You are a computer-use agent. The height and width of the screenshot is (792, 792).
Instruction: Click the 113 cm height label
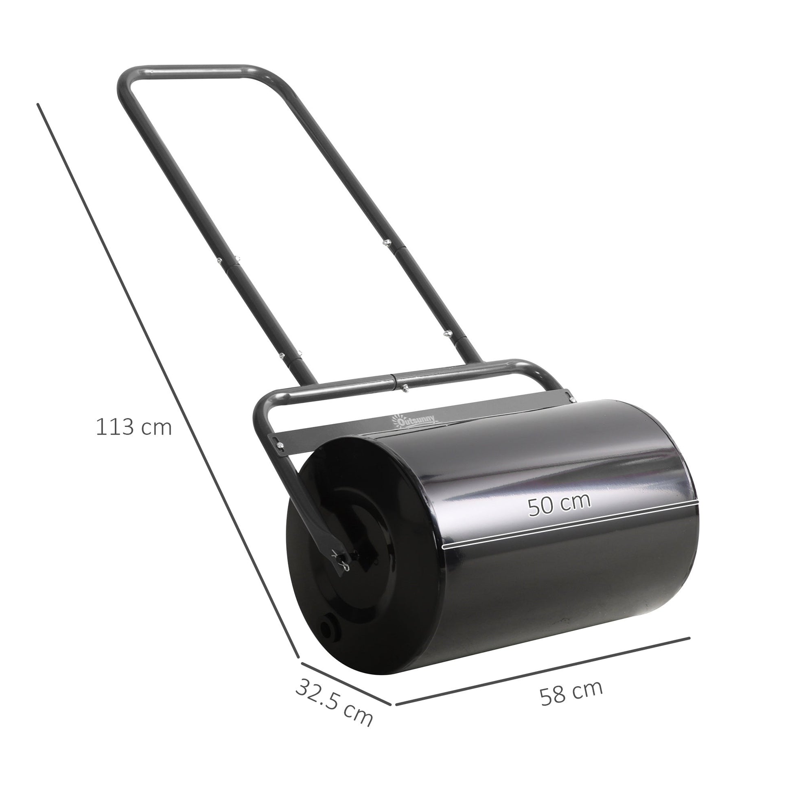[133, 427]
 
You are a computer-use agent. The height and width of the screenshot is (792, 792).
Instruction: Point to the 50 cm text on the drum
[559, 507]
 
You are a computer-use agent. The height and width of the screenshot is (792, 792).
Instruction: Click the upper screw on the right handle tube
[385, 243]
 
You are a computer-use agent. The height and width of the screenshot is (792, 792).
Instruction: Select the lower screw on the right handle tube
[448, 333]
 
